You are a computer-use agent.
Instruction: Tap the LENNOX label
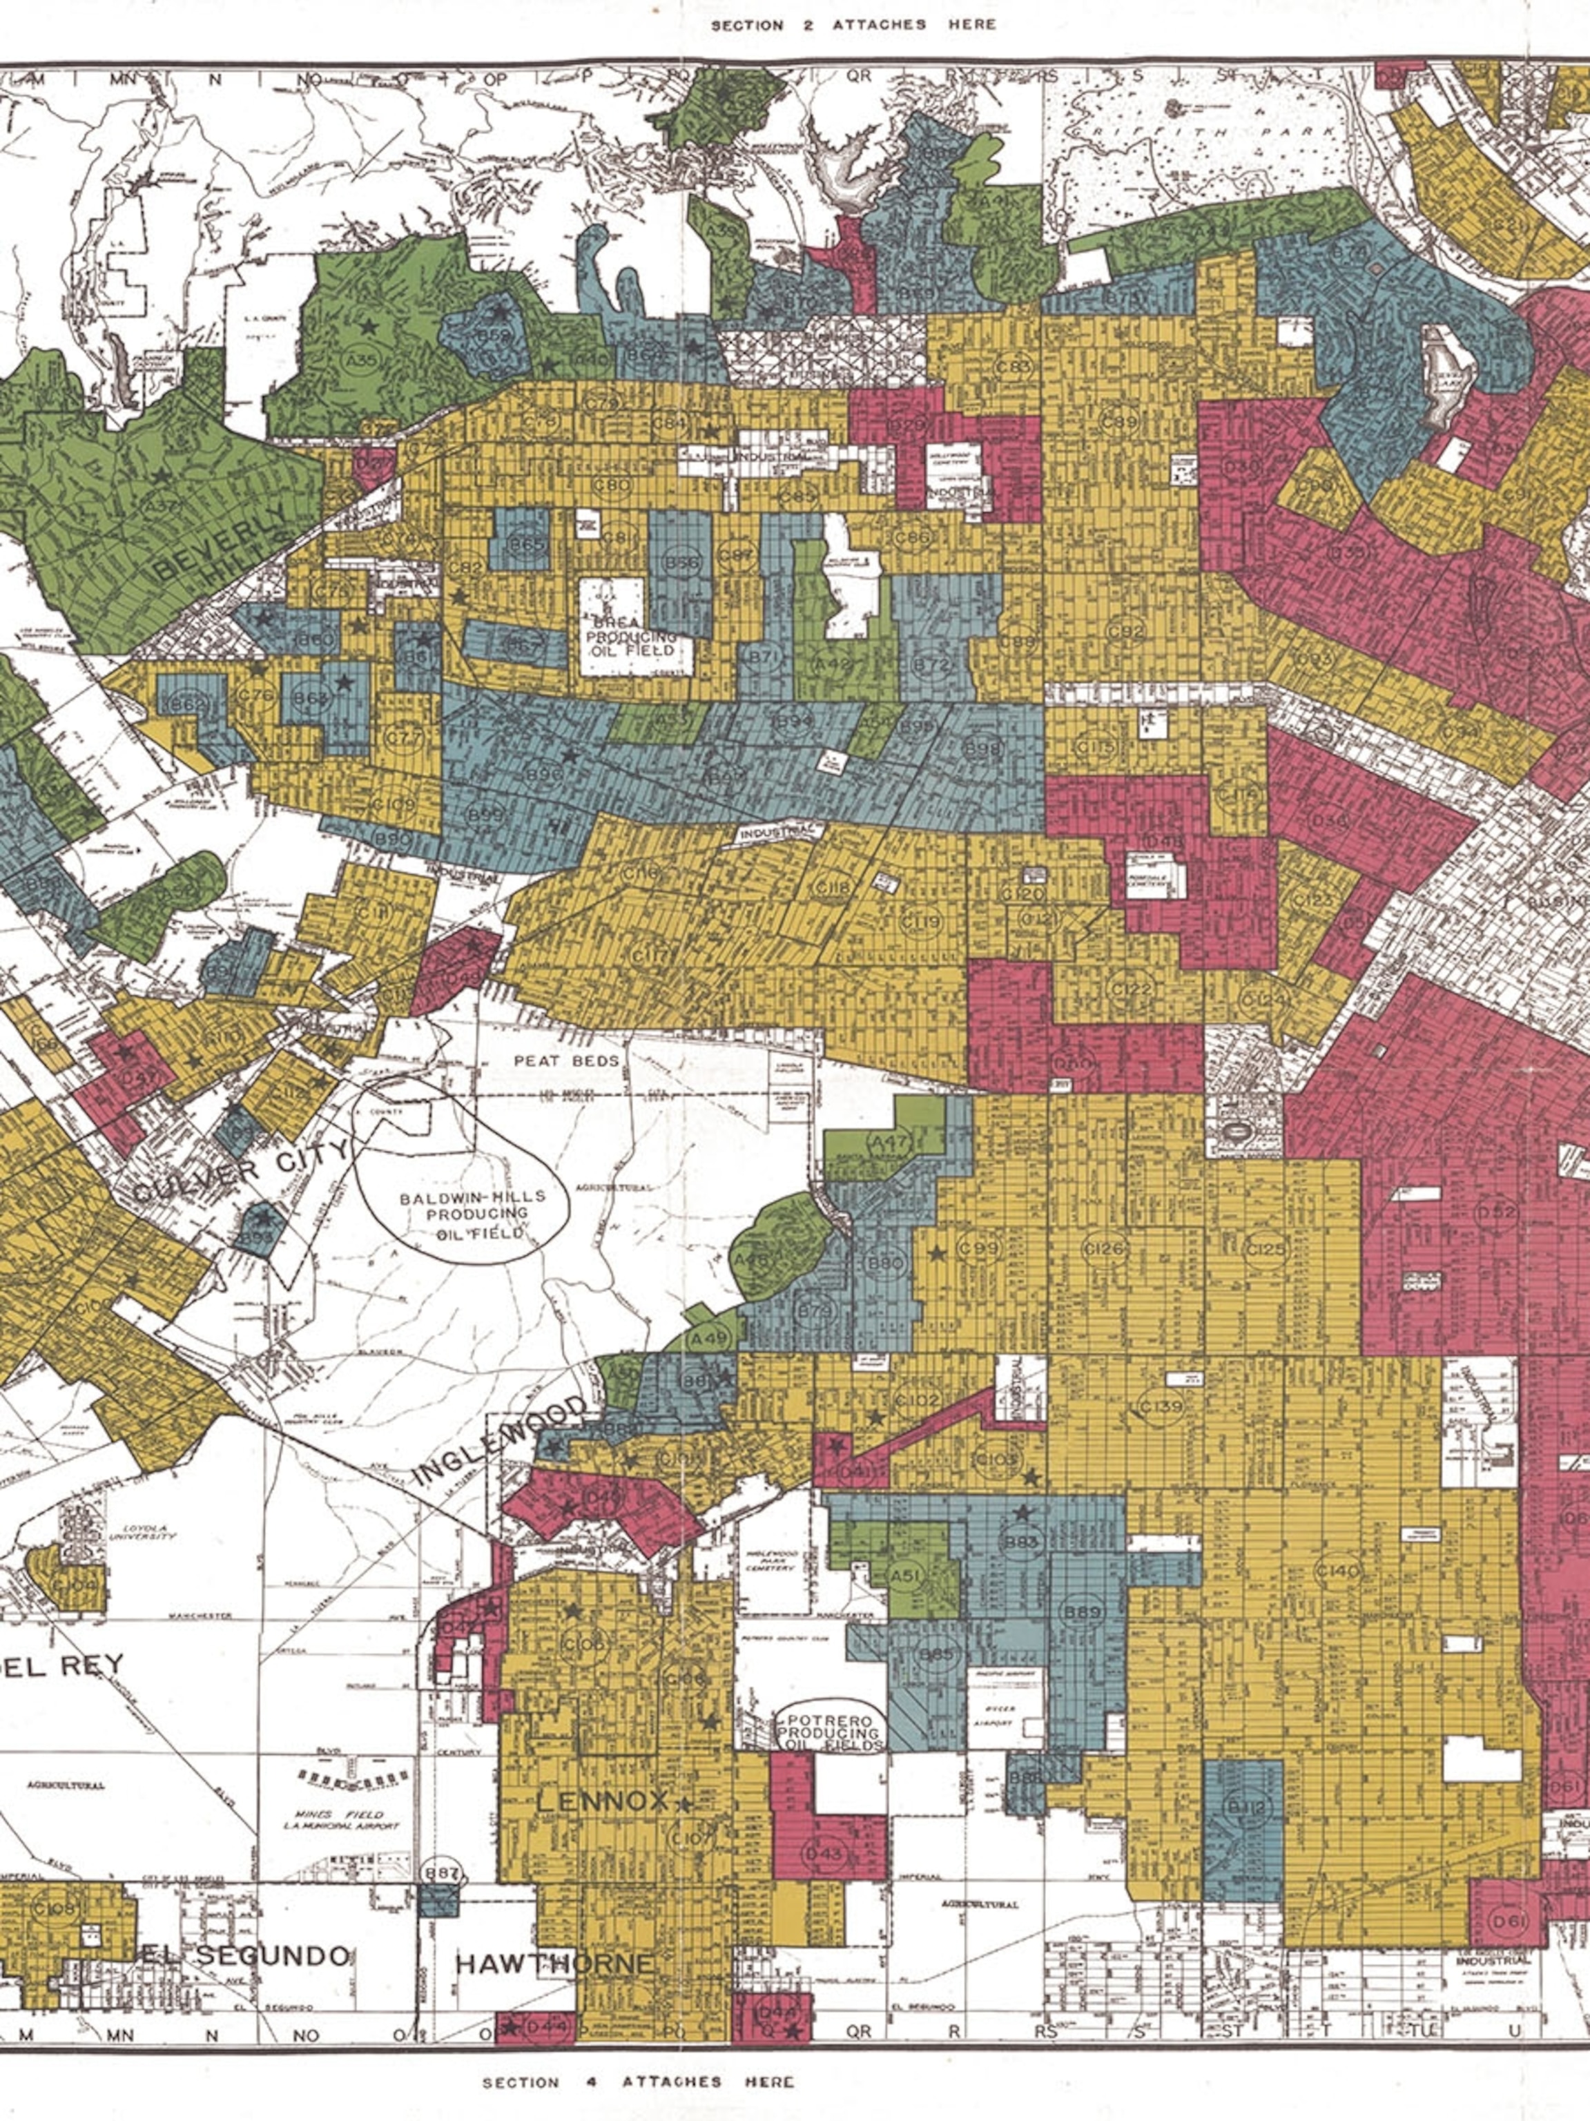pyautogui.click(x=602, y=1802)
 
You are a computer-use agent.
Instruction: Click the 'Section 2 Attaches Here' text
pyautogui.click(x=853, y=25)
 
